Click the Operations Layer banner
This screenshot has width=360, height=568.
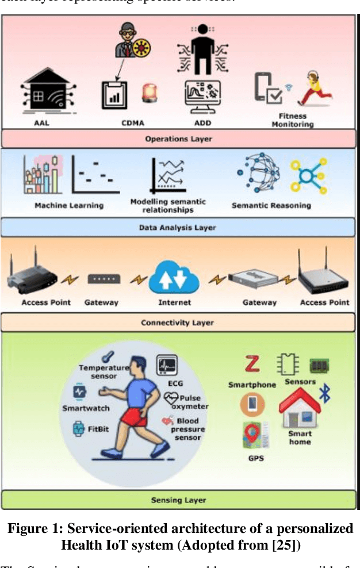tap(178, 139)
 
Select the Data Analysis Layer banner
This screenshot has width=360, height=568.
tap(178, 228)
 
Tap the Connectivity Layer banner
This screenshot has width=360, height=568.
tap(178, 323)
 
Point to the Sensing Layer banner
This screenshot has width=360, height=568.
tap(178, 500)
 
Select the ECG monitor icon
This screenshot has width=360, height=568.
tap(167, 364)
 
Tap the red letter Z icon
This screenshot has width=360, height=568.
tap(251, 364)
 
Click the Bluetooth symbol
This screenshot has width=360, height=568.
tap(325, 393)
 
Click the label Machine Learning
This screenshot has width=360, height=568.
tap(69, 205)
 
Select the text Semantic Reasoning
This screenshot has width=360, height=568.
tap(270, 205)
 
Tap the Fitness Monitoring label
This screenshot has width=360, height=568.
tap(293, 119)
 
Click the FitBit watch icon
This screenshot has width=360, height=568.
tap(79, 428)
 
